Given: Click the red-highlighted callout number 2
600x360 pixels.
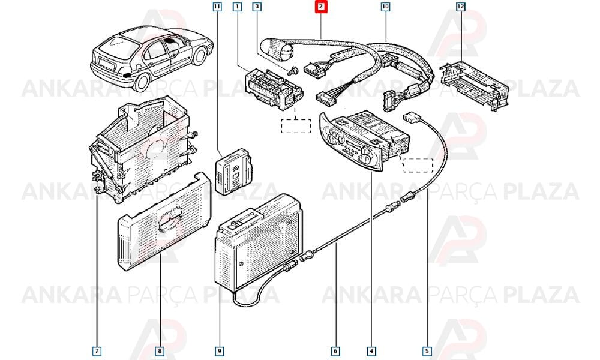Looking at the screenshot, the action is (x=321, y=7).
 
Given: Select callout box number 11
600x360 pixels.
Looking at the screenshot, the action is (x=217, y=7).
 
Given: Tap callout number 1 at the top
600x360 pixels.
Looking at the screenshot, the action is (x=238, y=7).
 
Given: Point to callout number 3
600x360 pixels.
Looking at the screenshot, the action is (x=257, y=7).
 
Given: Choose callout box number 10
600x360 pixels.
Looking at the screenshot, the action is (x=385, y=7).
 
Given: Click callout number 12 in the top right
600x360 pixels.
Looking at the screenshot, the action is (x=460, y=7).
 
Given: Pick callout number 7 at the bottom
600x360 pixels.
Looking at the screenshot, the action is (x=97, y=351).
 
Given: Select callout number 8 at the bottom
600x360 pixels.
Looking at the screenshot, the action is (x=160, y=351).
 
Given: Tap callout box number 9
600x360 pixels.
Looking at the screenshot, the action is (x=219, y=351).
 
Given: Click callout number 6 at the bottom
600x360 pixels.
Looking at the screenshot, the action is (x=335, y=351).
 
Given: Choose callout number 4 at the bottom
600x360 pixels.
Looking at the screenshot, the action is (x=371, y=351).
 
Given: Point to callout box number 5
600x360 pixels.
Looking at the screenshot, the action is (x=427, y=351).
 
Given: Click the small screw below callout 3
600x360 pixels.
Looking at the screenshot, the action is (x=293, y=71).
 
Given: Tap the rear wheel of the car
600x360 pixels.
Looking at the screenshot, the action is (x=142, y=82).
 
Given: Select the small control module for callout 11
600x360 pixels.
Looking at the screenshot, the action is (x=233, y=172).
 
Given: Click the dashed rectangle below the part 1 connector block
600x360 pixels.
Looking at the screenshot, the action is (x=296, y=126).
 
